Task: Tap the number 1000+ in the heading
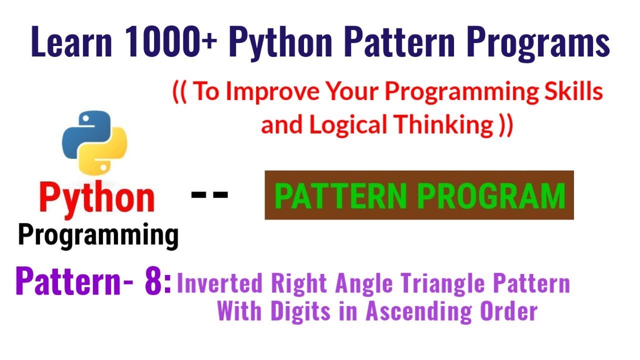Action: coord(169,43)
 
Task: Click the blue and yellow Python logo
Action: coord(94,141)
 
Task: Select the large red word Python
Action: coord(97,197)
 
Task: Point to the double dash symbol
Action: coord(209,194)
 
